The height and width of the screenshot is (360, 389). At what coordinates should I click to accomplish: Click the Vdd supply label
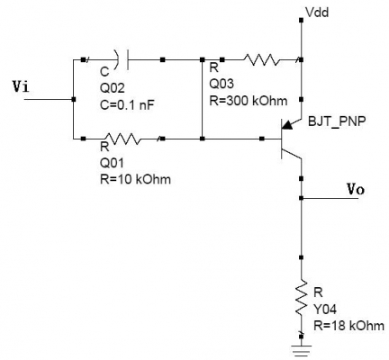(x=317, y=13)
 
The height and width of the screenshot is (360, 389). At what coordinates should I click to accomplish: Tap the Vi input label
(x=21, y=87)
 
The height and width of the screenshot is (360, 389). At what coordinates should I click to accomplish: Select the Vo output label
(x=356, y=190)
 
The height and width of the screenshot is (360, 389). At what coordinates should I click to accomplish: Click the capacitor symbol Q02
(x=122, y=59)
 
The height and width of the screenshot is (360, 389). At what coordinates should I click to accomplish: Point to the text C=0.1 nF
(x=127, y=105)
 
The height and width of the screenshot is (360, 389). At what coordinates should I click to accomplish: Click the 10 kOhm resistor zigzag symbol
(x=123, y=139)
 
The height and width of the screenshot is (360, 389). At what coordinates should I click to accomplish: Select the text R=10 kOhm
(x=135, y=179)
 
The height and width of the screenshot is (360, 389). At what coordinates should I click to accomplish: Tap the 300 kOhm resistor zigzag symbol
(x=262, y=59)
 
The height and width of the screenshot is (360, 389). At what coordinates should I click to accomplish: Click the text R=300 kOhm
(x=249, y=101)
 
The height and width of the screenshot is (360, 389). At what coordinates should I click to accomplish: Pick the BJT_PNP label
(x=337, y=121)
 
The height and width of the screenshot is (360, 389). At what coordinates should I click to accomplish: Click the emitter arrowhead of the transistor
(x=288, y=125)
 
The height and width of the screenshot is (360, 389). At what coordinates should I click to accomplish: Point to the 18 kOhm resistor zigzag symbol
(x=302, y=298)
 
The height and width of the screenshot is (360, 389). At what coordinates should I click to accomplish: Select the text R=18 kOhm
(x=349, y=325)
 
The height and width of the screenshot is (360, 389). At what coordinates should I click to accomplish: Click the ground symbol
(x=302, y=350)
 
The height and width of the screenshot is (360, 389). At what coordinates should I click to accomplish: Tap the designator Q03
(x=222, y=84)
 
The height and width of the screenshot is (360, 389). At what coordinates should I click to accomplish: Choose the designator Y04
(x=325, y=309)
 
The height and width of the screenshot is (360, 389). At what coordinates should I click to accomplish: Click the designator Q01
(x=112, y=163)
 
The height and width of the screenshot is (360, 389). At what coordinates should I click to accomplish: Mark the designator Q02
(x=112, y=88)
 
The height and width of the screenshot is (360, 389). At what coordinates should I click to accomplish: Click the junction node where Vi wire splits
(x=74, y=99)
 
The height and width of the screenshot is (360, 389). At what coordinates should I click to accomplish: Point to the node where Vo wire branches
(x=302, y=198)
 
